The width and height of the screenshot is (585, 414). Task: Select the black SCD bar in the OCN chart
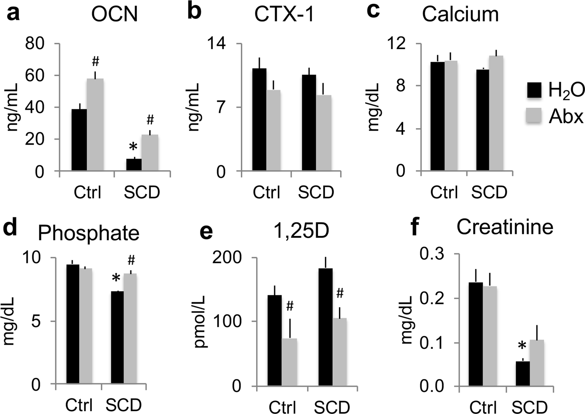pos(134,165)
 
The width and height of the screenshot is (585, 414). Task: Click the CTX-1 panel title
pos(284,15)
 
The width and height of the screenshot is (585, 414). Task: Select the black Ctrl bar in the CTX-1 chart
pos(259,120)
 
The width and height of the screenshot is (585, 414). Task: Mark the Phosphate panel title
pos(88,233)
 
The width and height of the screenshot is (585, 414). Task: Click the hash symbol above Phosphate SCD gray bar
pos(131,260)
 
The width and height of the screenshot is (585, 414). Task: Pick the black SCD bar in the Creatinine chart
pos(523,374)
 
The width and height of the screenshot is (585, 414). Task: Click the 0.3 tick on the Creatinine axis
pos(433,254)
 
